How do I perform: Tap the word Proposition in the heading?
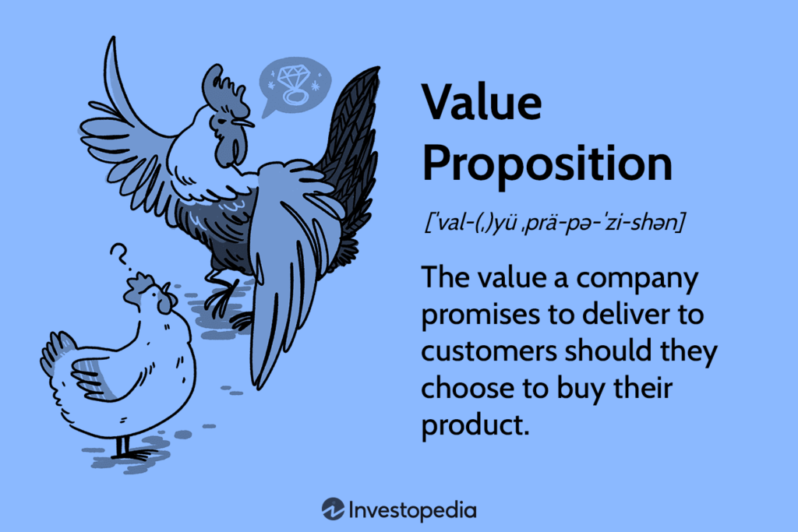tap(546, 164)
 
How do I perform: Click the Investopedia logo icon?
tap(333, 509)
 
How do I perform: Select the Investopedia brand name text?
tap(412, 510)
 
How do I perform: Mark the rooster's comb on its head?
tap(214, 84)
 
